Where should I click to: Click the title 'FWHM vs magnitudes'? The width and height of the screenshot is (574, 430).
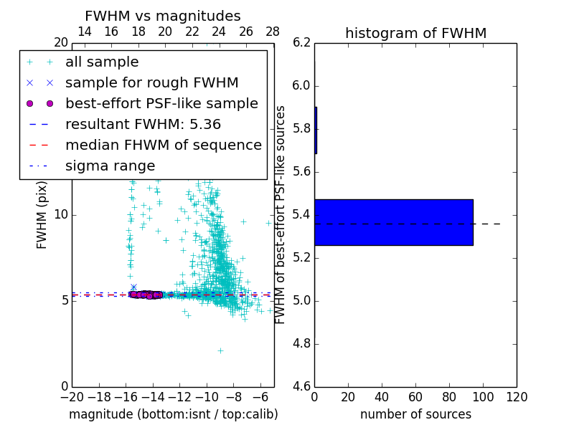click(163, 16)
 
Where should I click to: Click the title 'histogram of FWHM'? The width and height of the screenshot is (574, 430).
click(415, 33)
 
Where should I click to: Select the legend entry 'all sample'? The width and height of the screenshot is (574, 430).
click(102, 62)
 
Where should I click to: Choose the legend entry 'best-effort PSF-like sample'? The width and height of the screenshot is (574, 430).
click(161, 103)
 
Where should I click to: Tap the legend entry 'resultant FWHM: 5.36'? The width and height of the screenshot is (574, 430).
click(143, 124)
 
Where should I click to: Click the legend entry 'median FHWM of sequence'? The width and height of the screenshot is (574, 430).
click(163, 145)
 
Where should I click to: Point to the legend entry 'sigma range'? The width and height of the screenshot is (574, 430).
click(110, 166)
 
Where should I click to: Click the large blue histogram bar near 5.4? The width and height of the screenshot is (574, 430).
click(393, 222)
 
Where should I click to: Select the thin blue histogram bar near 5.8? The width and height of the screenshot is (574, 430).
click(316, 130)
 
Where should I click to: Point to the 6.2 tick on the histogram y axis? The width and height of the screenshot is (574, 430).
click(301, 43)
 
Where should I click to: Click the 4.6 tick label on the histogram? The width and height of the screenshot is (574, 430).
click(301, 386)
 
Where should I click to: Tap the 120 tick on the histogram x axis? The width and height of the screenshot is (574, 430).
click(517, 397)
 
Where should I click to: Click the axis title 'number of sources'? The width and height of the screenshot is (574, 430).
click(415, 414)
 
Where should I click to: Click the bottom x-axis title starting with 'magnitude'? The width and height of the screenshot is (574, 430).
click(173, 414)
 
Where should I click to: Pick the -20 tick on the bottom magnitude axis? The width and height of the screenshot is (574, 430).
click(72, 397)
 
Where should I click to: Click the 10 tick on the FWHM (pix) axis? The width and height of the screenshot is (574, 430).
click(60, 214)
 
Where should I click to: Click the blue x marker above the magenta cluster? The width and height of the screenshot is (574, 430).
click(133, 287)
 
